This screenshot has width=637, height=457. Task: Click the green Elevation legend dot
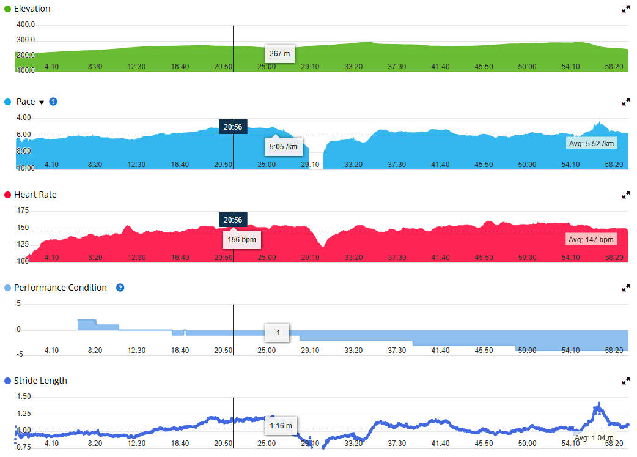(7, 9)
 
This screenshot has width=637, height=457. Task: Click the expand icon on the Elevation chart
(625, 9)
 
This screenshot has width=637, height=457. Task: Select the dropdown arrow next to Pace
(42, 102)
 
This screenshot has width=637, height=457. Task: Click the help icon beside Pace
(53, 102)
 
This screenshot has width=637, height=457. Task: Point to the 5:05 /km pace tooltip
(284, 147)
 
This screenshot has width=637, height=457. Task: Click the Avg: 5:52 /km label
(591, 143)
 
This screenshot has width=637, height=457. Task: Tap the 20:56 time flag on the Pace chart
(232, 127)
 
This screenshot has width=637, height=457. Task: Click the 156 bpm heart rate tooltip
(241, 240)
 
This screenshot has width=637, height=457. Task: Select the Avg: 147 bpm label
(591, 240)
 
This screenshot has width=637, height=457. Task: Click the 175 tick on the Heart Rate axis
(23, 210)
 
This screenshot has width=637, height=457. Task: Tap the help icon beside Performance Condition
(120, 288)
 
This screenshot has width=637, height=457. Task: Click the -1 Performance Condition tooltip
(276, 333)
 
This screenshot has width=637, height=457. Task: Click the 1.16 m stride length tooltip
(281, 425)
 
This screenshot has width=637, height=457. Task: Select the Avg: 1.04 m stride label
(592, 438)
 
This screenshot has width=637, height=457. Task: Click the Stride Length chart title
(40, 381)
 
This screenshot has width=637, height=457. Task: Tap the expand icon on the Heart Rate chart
(625, 195)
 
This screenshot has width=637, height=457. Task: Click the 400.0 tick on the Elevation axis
(26, 25)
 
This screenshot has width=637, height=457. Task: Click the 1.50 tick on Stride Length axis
(23, 396)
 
